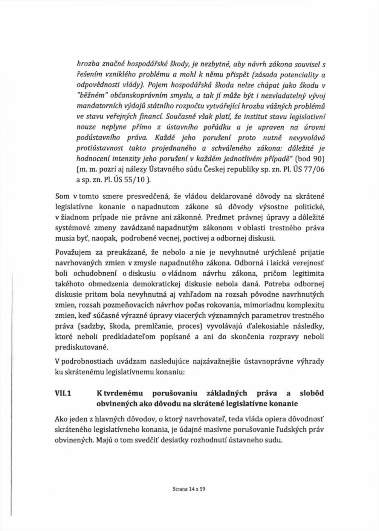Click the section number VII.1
tap(63, 393)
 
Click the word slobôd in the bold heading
tap(312, 393)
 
